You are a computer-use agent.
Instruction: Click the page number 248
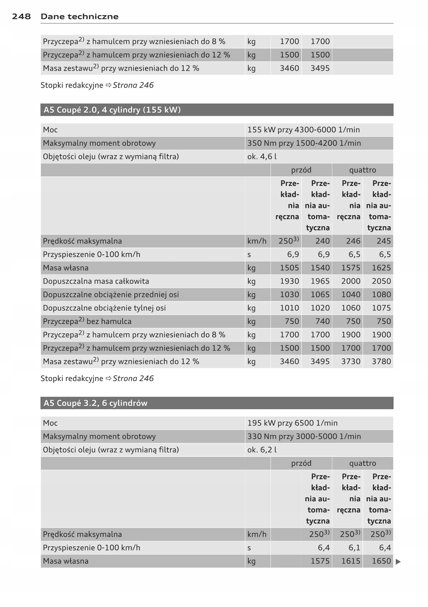click(x=21, y=17)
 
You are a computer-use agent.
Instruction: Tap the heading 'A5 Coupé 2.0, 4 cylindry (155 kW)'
click(x=112, y=110)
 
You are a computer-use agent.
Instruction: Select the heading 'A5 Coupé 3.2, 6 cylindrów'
click(x=95, y=403)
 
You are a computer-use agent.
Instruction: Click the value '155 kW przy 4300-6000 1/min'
click(x=304, y=130)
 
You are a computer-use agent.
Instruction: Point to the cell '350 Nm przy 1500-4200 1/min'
click(x=304, y=143)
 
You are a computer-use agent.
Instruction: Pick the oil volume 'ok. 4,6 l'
click(x=262, y=157)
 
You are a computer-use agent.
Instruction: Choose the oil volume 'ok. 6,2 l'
click(x=262, y=450)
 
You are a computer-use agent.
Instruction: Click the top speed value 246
click(x=353, y=241)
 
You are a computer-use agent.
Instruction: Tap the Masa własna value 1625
click(x=381, y=268)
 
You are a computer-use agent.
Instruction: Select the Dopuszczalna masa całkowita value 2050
click(x=381, y=281)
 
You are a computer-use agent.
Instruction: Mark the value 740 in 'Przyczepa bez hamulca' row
click(x=322, y=321)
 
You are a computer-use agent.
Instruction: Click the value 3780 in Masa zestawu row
click(x=381, y=362)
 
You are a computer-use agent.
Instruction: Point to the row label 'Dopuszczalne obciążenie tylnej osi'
click(x=104, y=308)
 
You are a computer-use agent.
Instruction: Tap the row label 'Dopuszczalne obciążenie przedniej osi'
click(x=111, y=295)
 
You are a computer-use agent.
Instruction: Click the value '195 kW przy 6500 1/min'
click(x=293, y=423)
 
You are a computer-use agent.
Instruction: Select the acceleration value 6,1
click(x=354, y=548)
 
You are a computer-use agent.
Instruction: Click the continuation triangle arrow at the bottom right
click(x=398, y=562)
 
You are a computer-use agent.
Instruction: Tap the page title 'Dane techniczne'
click(x=79, y=17)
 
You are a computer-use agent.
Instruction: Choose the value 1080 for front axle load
click(x=381, y=295)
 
